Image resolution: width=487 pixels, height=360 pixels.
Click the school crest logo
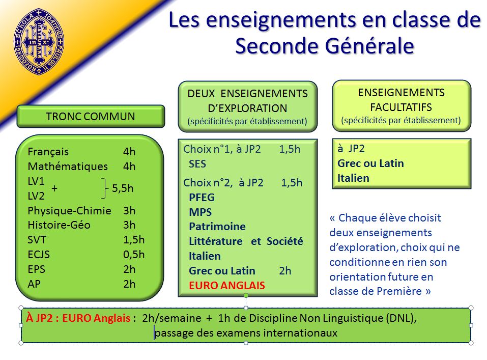tap(39, 41)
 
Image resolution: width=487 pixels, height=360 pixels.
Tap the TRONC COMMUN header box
tap(91, 116)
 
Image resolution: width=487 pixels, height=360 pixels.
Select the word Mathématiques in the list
tap(68, 167)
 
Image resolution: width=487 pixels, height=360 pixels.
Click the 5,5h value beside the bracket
tap(123, 188)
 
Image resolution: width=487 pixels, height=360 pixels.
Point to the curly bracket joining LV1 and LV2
tap(105, 188)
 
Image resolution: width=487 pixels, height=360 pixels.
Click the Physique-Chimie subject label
tap(69, 210)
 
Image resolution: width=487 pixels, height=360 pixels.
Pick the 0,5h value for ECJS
tap(134, 254)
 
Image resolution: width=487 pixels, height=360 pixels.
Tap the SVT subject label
tap(37, 240)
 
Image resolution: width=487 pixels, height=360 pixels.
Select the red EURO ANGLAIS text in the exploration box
tap(227, 285)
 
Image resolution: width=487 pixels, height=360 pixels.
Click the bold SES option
tap(197, 164)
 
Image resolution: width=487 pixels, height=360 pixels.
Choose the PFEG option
tap(202, 198)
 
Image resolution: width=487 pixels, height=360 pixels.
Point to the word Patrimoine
tap(217, 226)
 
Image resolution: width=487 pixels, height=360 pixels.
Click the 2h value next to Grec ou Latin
tap(285, 271)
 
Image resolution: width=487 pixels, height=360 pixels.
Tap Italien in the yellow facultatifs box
tap(353, 178)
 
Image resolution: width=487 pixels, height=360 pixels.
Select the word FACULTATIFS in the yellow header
tap(401, 107)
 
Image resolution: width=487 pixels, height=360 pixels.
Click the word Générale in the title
tap(369, 46)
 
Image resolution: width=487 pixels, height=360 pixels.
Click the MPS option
tap(200, 212)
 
